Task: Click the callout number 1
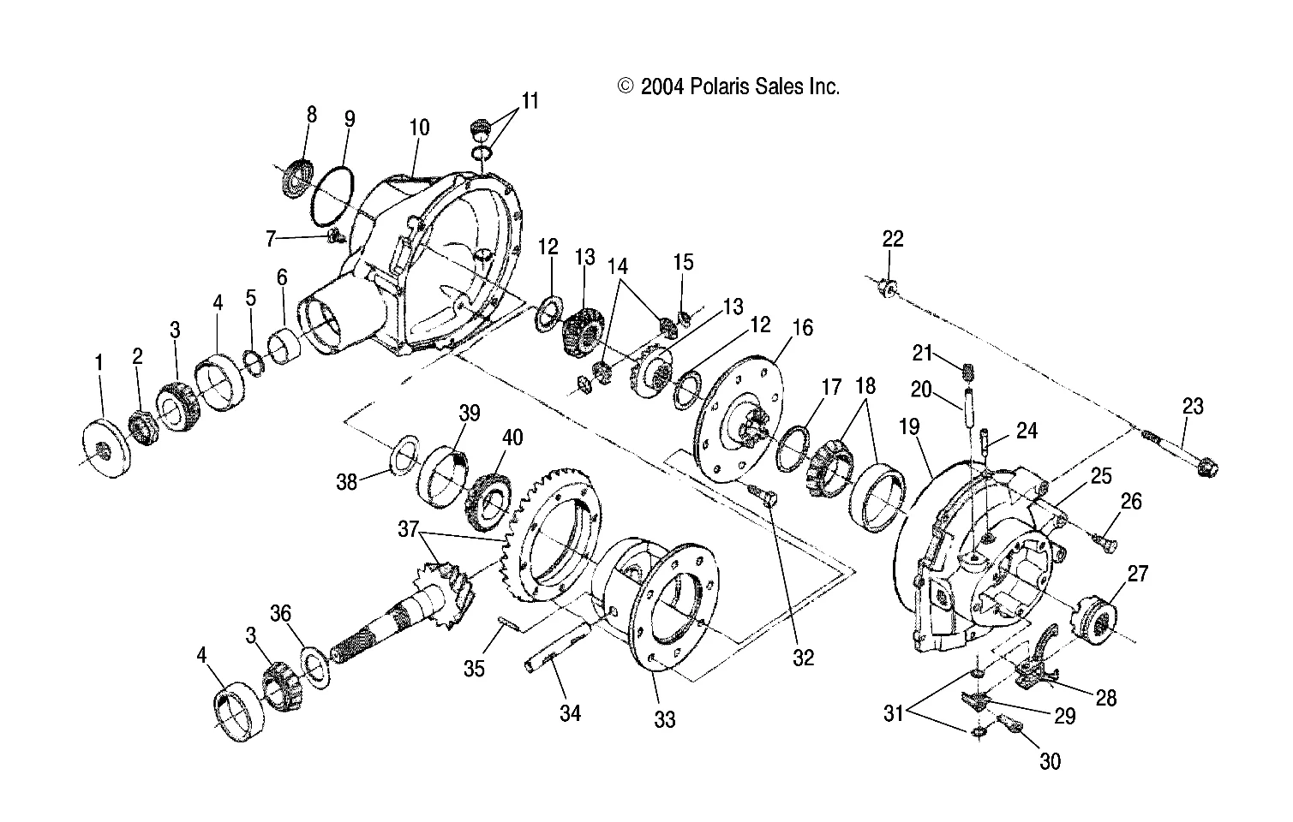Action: pyautogui.click(x=99, y=363)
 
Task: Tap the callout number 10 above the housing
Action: pyautogui.click(x=419, y=128)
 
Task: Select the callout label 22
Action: pyautogui.click(x=893, y=239)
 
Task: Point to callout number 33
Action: pyautogui.click(x=665, y=719)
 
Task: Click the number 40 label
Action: pyautogui.click(x=512, y=438)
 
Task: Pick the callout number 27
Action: pyautogui.click(x=1137, y=573)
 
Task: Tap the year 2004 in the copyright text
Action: pyautogui.click(x=662, y=86)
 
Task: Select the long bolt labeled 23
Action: pyautogui.click(x=1187, y=455)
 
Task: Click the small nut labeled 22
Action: pyautogui.click(x=889, y=290)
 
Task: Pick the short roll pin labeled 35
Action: pyautogui.click(x=509, y=627)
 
